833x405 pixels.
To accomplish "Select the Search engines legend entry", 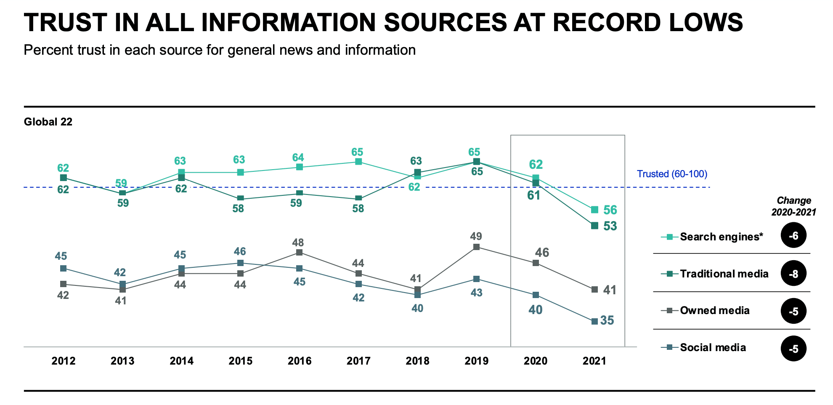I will pos(721,237).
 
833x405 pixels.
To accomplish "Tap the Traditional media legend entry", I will pos(724,274).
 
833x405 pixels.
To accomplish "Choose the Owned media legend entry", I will pos(714,311).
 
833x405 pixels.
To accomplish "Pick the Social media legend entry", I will pos(713,347).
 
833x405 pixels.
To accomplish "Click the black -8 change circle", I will pos(793,274).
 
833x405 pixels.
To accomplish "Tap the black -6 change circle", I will pos(793,236).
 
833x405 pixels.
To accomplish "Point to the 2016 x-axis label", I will pos(300,361).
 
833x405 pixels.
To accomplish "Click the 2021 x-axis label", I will pos(594,361).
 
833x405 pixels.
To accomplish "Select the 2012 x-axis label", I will pos(64,361).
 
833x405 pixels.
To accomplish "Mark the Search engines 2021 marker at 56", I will pos(594,210).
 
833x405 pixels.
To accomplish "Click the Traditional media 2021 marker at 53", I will pos(594,226).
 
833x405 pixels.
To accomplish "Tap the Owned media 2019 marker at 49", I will pos(476,247).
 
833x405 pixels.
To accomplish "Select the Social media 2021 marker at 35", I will pos(594,321).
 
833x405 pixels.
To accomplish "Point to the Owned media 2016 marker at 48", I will pos(299,253).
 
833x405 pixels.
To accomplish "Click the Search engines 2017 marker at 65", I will pos(358,162).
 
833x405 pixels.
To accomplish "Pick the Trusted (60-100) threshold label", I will pos(672,174).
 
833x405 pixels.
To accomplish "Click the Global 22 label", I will pos(48,122).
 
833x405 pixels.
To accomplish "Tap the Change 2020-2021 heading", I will pos(793,206).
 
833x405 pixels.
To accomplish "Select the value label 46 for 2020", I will pos(542,253).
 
